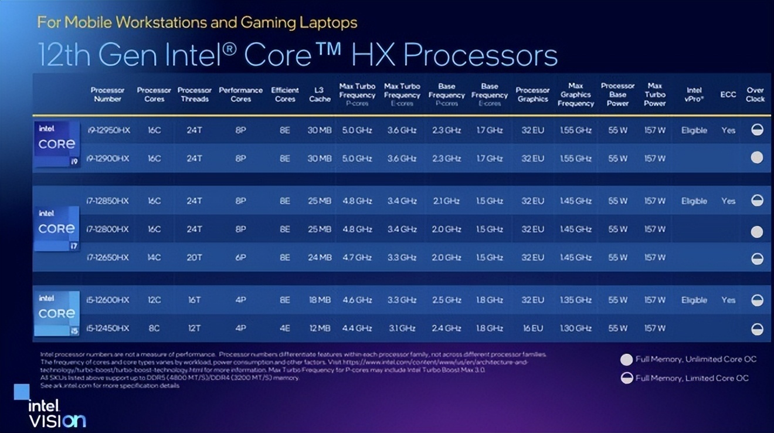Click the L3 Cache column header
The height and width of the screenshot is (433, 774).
[x=319, y=94]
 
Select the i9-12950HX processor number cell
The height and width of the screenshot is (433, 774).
[x=108, y=130]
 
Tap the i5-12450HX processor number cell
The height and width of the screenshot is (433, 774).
[x=108, y=328]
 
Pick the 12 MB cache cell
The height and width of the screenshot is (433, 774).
[x=320, y=328]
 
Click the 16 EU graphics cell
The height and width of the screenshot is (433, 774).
[x=532, y=328]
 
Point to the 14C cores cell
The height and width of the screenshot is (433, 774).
[x=154, y=258]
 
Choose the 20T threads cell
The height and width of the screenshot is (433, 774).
[x=194, y=258]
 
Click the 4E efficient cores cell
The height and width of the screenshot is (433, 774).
[x=285, y=328]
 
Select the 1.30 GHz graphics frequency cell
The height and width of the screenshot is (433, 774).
[x=575, y=328]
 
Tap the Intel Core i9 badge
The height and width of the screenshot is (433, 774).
[x=57, y=144]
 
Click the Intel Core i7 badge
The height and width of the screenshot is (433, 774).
[x=57, y=228]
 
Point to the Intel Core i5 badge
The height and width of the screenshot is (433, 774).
[x=57, y=313]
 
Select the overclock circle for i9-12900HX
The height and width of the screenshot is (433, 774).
[x=757, y=158]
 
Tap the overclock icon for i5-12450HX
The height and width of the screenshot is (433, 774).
[x=757, y=329]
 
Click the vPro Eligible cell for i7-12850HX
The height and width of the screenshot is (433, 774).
[x=694, y=201]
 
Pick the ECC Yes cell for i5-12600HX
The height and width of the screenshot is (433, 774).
[x=728, y=300]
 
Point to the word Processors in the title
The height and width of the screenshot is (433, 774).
[x=480, y=55]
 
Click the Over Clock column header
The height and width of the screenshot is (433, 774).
[x=755, y=94]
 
